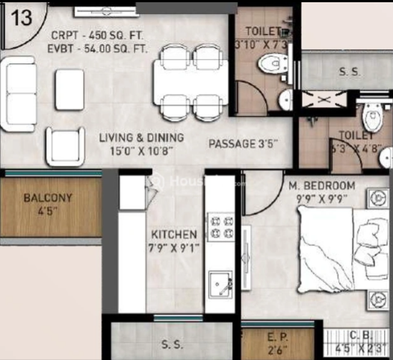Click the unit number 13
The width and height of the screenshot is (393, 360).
point(22,18)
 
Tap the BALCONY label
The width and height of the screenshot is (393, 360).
point(48,199)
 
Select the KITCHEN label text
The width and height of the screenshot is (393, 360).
point(174,234)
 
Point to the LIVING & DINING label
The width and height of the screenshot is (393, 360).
point(141,137)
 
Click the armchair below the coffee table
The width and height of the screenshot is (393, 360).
point(69,146)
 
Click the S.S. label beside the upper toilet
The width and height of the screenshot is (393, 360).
point(347,72)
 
